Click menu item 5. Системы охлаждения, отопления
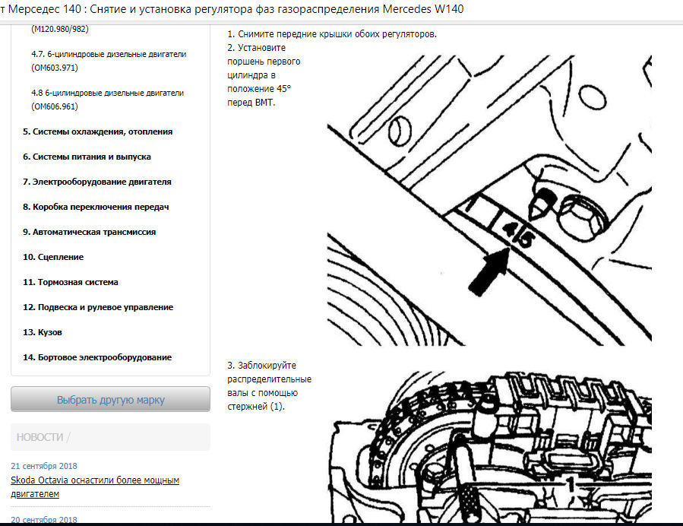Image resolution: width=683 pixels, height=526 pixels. [97, 131]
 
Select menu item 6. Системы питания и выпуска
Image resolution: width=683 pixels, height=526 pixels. [87, 157]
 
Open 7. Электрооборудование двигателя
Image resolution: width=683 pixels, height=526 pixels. [96, 182]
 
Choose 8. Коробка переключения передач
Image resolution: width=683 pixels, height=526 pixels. [95, 207]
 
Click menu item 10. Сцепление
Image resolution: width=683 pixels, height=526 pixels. [53, 257]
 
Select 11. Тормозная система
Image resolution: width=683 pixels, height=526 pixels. [70, 282]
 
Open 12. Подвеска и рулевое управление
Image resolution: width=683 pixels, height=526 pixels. [98, 307]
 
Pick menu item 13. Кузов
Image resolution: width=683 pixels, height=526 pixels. [43, 332]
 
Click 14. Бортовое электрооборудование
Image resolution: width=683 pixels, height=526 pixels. [97, 357]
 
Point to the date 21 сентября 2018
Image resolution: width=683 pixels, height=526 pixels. [44, 466]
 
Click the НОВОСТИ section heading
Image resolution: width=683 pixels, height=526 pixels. [40, 437]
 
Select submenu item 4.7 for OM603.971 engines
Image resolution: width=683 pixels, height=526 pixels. [109, 61]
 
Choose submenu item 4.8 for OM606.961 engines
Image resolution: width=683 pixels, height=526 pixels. [107, 100]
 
